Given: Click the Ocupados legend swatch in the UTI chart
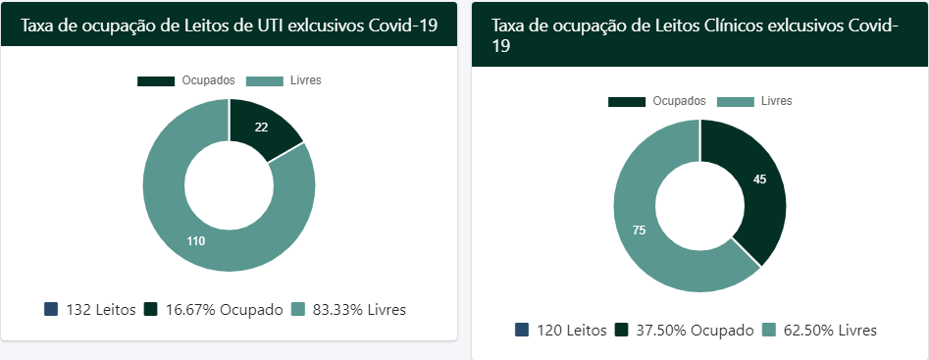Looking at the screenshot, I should click(x=156, y=80).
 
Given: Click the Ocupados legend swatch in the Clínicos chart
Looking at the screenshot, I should click(x=627, y=101).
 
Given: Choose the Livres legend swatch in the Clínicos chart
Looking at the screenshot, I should click(x=736, y=101).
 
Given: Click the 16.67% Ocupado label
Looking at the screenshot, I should click(x=222, y=309).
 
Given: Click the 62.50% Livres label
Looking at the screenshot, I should click(x=830, y=330).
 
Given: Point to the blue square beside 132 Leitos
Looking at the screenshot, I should click(x=51, y=309).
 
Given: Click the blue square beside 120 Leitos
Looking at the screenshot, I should click(x=522, y=330).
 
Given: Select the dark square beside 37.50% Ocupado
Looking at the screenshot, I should click(x=622, y=330).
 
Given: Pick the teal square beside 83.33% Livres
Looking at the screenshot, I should click(x=298, y=309).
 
